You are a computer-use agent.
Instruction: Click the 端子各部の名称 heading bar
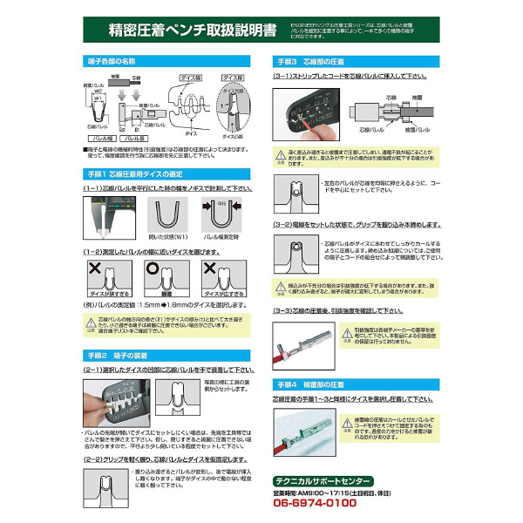(x=108, y=64)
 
